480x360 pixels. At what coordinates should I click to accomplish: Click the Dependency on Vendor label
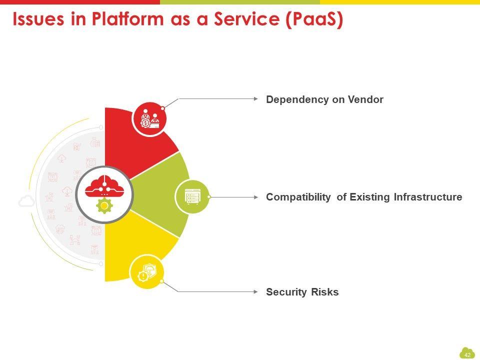(324, 99)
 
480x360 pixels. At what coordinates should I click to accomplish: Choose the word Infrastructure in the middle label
(427, 197)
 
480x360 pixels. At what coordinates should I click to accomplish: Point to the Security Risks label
(302, 292)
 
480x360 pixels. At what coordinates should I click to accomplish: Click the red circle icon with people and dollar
(149, 119)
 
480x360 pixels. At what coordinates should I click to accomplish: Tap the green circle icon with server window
(191, 196)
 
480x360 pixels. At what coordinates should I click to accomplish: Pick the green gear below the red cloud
(104, 206)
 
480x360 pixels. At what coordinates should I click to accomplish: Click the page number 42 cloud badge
(467, 353)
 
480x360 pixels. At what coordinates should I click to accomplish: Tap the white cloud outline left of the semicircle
(26, 201)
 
